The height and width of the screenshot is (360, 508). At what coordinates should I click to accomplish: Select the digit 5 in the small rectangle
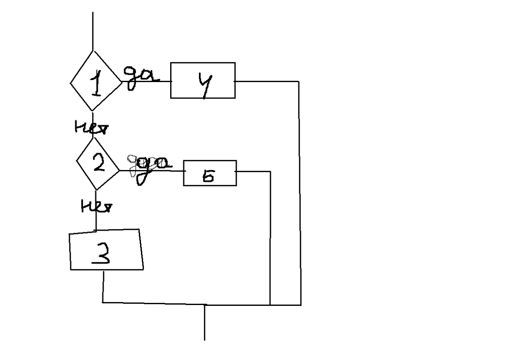point(208,177)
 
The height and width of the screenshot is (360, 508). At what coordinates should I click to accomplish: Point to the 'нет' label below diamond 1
point(91,127)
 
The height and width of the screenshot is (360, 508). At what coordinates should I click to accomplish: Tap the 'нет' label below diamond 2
point(96,206)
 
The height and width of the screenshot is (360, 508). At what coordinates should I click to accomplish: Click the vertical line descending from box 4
point(300,190)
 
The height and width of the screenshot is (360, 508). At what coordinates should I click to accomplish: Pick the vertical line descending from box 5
point(270,237)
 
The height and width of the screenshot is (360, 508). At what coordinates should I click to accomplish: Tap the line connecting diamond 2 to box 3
point(96,220)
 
